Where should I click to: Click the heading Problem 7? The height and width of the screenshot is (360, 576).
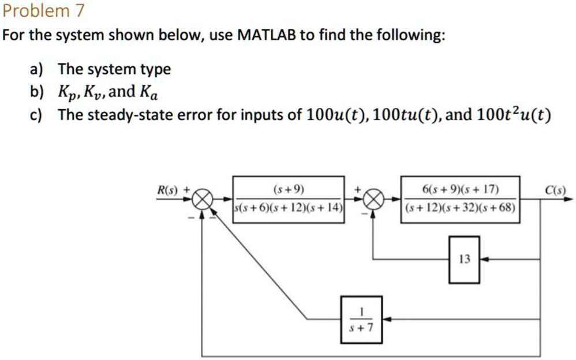pyautogui.click(x=44, y=10)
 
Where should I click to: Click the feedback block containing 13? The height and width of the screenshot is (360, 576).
pyautogui.click(x=464, y=260)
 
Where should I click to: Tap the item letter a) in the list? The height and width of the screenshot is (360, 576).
pyautogui.click(x=36, y=70)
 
